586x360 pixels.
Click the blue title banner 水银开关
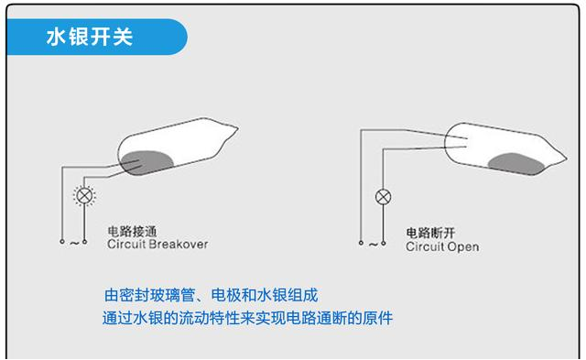point(97,37)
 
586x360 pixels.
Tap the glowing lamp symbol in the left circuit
point(84,195)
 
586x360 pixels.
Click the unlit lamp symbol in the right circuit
point(383,197)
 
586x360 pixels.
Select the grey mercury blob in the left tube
point(146,163)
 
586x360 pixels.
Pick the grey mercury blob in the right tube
point(516,164)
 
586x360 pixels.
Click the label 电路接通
point(132,232)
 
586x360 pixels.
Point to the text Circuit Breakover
point(157,244)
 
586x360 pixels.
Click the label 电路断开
point(430,233)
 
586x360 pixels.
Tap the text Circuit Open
point(442,246)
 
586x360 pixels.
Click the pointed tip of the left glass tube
point(238,128)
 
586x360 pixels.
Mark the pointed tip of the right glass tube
point(567,158)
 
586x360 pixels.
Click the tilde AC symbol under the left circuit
point(74,244)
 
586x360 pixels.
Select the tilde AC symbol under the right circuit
point(373,245)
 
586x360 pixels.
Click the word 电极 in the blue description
point(226,295)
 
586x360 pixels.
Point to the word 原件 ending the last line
point(377,318)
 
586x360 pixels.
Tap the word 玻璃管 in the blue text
point(173,295)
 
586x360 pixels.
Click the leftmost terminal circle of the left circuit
point(62,242)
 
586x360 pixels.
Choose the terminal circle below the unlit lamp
point(383,244)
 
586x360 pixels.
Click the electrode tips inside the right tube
point(466,142)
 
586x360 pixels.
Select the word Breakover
point(178,244)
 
